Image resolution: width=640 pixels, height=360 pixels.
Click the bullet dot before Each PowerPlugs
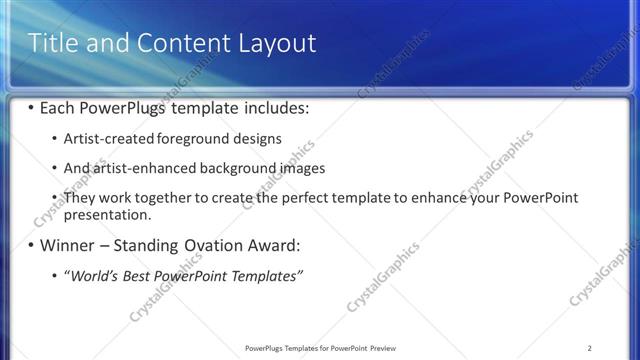coord(31,106)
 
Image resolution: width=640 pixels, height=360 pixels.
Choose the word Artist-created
coord(108,138)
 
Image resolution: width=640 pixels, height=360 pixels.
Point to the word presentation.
coord(107,214)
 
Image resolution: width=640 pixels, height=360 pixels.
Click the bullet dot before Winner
coord(31,245)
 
